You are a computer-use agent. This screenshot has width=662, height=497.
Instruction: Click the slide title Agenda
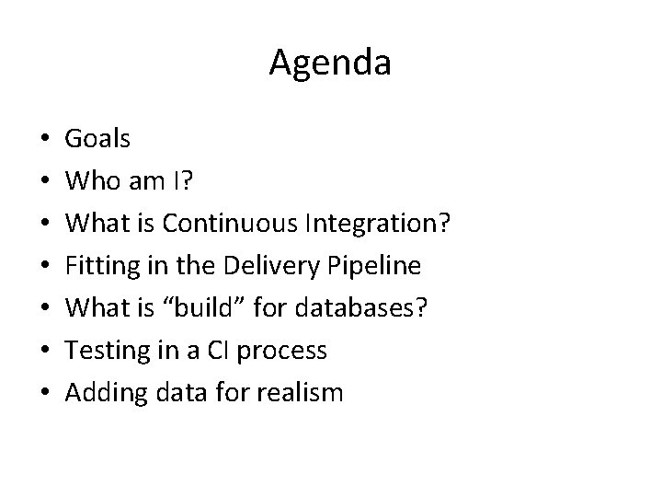[330, 64]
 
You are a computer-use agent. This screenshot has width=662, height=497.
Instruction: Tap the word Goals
[97, 140]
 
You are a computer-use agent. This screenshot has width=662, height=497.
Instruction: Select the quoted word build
[201, 309]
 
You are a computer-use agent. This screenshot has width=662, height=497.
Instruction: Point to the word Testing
[103, 352]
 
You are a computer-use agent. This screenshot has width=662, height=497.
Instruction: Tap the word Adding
[101, 394]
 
